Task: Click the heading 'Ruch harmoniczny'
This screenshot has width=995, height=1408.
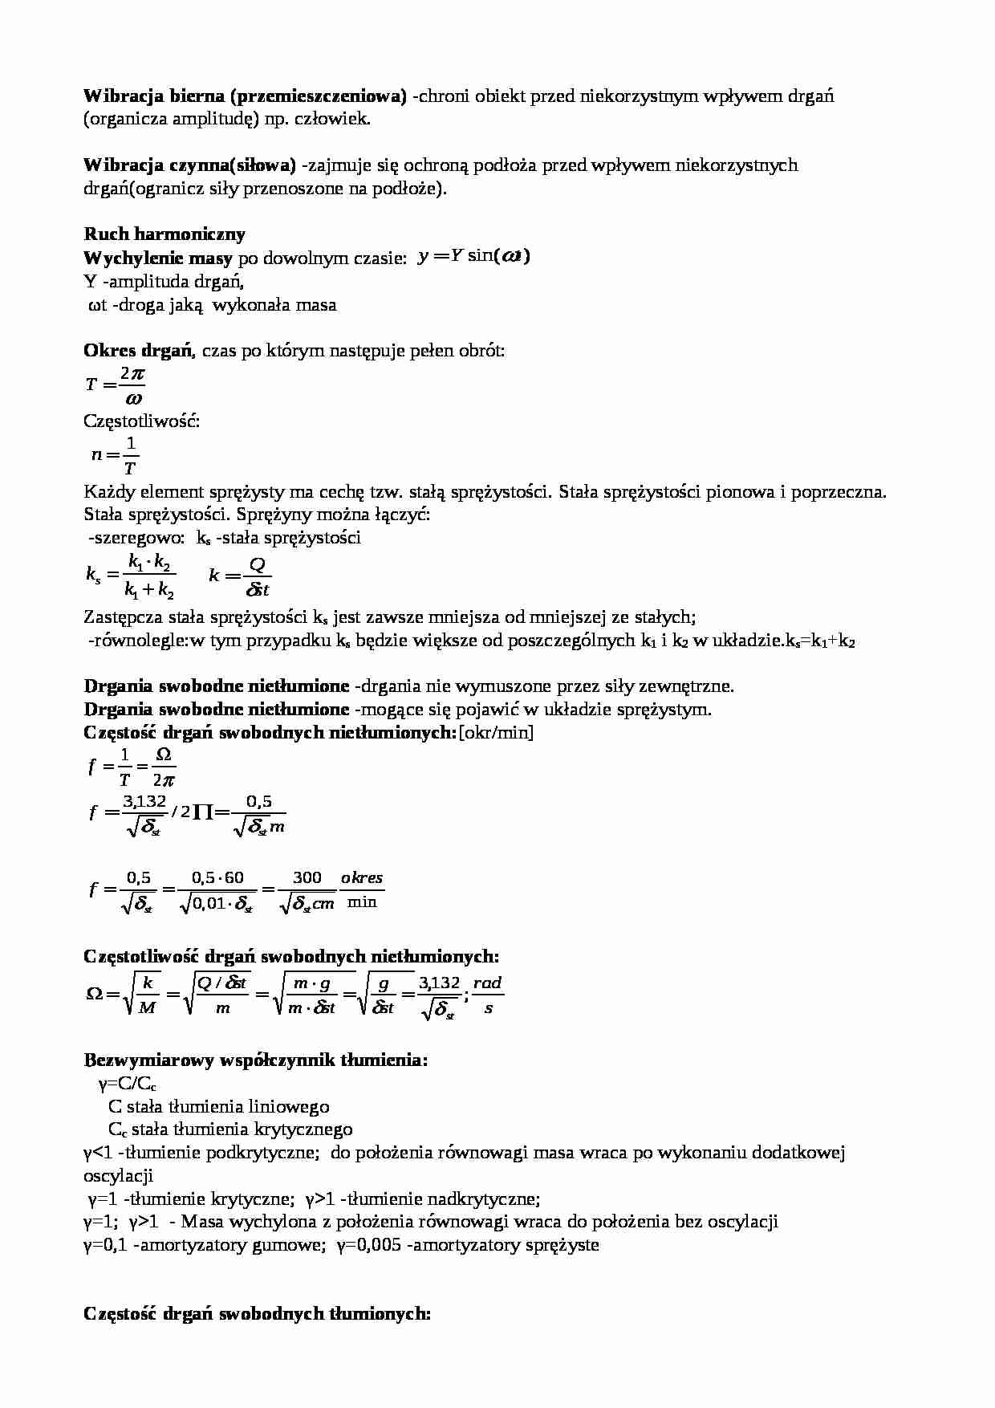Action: click(x=164, y=234)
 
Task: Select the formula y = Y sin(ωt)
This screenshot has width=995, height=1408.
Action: click(x=474, y=257)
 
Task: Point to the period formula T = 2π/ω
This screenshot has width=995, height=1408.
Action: click(x=116, y=385)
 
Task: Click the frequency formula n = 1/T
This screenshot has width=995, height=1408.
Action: click(x=116, y=455)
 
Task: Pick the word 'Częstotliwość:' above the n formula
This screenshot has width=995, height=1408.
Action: click(x=141, y=421)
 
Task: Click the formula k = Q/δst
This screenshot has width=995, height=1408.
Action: click(x=240, y=576)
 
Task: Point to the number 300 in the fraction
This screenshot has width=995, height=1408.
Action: click(x=307, y=877)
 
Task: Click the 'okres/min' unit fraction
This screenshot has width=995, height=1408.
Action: click(x=362, y=890)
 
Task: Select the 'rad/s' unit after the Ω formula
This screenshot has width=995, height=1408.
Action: click(x=488, y=995)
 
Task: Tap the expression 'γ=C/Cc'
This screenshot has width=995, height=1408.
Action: click(x=128, y=1084)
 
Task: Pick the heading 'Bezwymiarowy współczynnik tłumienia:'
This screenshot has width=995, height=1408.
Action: click(x=256, y=1060)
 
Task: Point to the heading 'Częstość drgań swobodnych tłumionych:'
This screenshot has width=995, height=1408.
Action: click(x=258, y=1314)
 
